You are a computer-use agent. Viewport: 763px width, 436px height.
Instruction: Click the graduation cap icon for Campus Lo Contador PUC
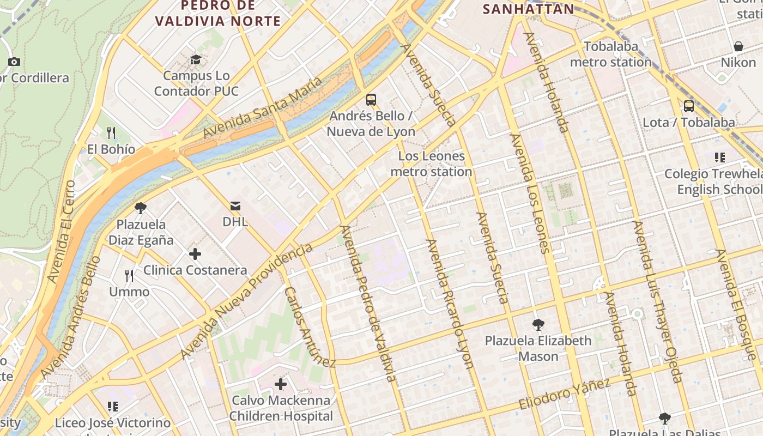[196, 59]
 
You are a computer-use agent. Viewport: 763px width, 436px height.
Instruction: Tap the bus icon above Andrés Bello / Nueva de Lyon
[371, 99]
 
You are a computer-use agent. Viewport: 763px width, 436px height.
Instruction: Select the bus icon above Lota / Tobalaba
[689, 106]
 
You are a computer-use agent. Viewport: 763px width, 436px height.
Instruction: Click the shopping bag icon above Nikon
[738, 46]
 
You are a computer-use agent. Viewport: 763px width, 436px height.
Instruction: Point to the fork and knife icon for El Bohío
[111, 132]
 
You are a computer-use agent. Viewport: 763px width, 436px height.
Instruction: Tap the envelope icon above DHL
[235, 205]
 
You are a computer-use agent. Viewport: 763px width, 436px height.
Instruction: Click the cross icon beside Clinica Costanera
[195, 254]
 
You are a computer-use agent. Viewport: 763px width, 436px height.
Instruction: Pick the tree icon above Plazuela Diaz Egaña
[141, 208]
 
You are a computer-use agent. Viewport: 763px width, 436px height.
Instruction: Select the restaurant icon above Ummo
[129, 275]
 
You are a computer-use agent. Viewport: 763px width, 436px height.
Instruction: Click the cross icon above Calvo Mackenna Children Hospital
[281, 384]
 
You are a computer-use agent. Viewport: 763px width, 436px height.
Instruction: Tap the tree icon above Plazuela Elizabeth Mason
[538, 325]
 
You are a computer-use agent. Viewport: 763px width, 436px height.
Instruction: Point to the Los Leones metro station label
[431, 164]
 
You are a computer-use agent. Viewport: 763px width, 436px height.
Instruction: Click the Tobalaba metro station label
[611, 54]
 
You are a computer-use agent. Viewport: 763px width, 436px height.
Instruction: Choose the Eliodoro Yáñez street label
[564, 395]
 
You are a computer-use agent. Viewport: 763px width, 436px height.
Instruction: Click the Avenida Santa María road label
[262, 108]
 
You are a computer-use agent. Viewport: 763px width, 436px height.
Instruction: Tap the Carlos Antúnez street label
[309, 327]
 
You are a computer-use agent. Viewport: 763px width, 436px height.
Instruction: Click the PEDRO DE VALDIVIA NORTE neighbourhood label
[217, 13]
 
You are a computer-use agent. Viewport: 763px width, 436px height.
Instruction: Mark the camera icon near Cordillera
[14, 62]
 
